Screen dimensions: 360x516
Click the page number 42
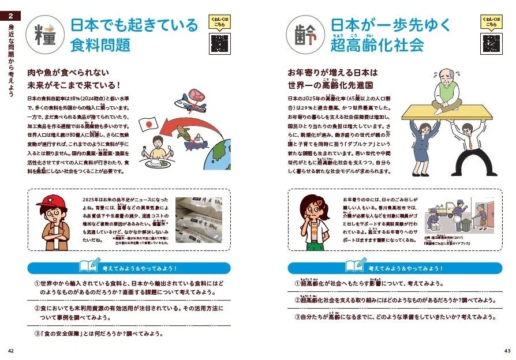(x=11, y=351)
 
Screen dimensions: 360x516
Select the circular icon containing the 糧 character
(x=46, y=35)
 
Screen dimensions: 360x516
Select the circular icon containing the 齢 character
(x=305, y=35)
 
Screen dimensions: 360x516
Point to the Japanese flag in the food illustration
(x=149, y=125)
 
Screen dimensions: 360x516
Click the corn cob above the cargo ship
(x=182, y=140)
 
